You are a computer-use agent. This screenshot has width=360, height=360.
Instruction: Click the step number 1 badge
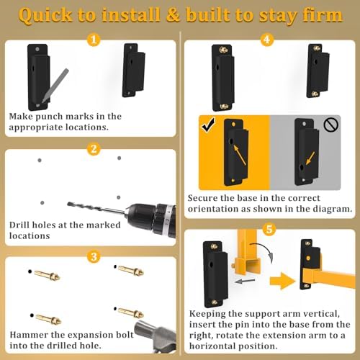click(x=94, y=40)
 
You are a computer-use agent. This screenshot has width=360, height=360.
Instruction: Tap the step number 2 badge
click(x=94, y=149)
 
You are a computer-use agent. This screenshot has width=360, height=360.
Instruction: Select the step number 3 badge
click(x=94, y=256)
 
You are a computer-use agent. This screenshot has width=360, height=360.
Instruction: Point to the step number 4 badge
click(x=267, y=40)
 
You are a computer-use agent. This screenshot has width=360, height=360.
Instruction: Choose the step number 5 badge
click(x=269, y=229)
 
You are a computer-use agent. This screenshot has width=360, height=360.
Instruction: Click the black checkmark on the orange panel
click(x=208, y=125)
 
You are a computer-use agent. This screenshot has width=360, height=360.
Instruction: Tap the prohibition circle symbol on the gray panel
click(x=331, y=125)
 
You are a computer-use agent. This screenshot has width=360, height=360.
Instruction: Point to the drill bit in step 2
click(x=96, y=208)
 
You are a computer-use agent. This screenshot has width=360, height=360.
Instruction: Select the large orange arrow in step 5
click(x=282, y=281)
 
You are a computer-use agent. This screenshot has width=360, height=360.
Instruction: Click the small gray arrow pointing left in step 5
click(x=245, y=281)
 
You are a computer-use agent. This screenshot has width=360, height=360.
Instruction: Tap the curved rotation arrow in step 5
click(x=263, y=251)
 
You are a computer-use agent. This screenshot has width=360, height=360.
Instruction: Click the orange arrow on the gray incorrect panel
click(x=310, y=158)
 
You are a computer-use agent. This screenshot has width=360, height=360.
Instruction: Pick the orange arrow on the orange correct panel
click(x=240, y=155)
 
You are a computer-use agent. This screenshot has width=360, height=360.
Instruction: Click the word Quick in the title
click(x=45, y=16)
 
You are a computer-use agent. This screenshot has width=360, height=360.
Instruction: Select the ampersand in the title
click(x=173, y=14)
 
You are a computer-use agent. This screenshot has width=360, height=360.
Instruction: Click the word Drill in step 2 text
click(x=19, y=225)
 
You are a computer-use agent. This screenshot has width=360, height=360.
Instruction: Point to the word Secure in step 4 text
click(x=203, y=198)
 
